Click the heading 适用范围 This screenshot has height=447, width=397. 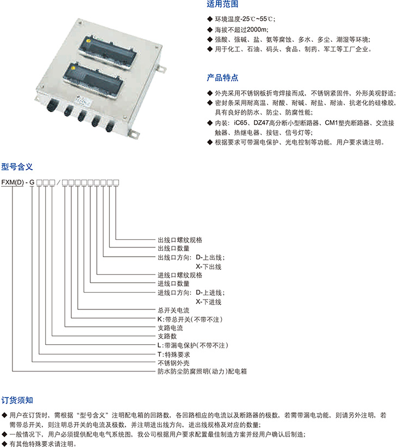(222, 4)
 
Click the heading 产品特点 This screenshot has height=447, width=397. (222, 78)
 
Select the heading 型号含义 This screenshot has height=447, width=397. (17, 167)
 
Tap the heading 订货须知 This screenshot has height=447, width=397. (17, 400)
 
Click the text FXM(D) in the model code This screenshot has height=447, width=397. (13, 182)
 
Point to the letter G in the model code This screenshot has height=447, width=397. (32, 182)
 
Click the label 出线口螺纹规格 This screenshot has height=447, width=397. (180, 240)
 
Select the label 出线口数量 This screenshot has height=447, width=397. (173, 249)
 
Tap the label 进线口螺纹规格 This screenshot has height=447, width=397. (180, 275)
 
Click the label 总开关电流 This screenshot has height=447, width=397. (173, 310)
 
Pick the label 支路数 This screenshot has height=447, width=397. (168, 336)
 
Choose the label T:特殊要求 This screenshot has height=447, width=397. (173, 355)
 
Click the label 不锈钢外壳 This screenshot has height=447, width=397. (173, 363)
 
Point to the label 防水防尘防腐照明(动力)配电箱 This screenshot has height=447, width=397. (202, 371)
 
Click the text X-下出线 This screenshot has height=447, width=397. (208, 267)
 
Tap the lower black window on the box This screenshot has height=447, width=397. (93, 80)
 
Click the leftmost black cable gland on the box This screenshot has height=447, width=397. (52, 105)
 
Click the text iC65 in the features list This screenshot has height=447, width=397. (240, 123)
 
